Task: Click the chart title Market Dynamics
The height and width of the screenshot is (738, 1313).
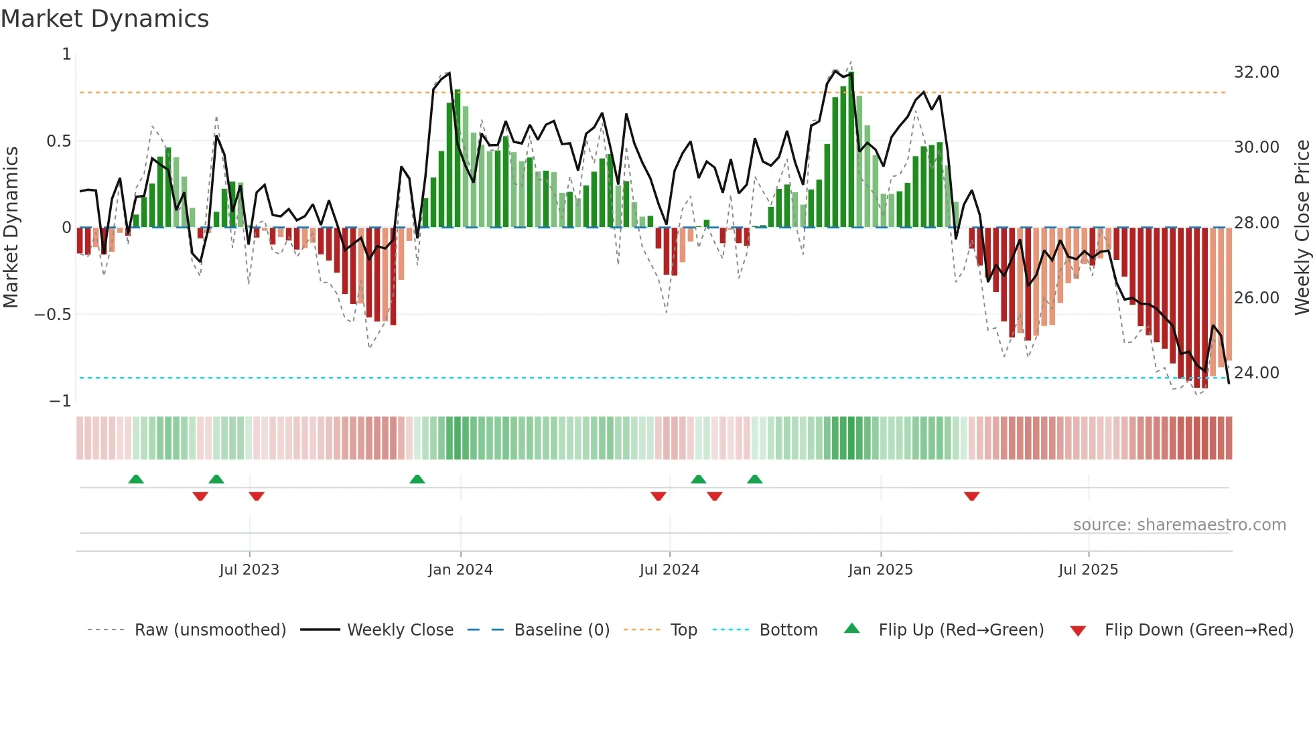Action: [x=105, y=19]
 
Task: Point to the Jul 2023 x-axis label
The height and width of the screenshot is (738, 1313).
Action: [x=249, y=570]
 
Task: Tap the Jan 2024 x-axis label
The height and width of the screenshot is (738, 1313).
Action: [x=460, y=570]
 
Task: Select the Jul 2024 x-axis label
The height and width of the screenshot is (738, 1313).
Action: [x=669, y=570]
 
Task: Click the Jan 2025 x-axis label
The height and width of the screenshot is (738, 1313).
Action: [x=880, y=570]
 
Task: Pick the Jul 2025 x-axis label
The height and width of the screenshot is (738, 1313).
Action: [x=1088, y=570]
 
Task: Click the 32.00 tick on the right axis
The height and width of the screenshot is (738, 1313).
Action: [x=1256, y=72]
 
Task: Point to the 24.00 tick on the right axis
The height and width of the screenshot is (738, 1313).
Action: [x=1256, y=373]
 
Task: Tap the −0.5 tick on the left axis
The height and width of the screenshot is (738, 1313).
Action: [x=52, y=315]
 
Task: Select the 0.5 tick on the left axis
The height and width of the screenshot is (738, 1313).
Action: [x=58, y=141]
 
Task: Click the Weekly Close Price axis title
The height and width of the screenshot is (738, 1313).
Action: [x=1302, y=227]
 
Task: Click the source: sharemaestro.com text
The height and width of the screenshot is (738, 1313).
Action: [x=1179, y=525]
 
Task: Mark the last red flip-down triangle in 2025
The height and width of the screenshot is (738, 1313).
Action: [x=971, y=496]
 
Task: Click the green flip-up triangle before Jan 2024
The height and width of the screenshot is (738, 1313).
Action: [x=417, y=479]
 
